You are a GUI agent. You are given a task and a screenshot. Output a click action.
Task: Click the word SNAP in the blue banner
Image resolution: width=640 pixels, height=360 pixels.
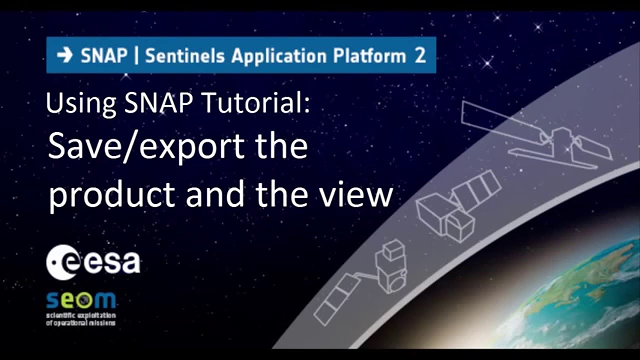point(104,55)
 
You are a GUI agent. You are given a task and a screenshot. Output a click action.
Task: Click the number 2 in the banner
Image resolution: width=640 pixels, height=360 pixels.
point(420,55)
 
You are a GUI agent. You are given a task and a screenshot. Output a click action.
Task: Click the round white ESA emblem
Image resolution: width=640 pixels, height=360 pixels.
point(62,262)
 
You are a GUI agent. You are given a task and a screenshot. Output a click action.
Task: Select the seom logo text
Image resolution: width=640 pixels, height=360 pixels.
point(80,300)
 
